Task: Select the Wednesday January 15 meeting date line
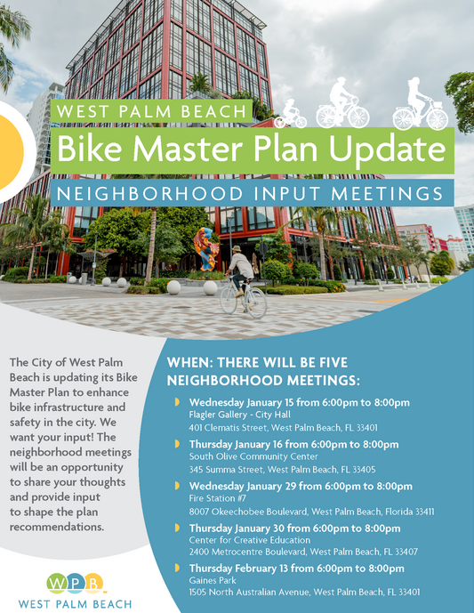click(x=300, y=402)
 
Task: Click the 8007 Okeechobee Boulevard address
click(x=311, y=512)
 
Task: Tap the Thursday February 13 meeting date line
click(x=296, y=568)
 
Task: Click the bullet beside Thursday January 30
click(x=177, y=528)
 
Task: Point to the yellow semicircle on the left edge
click(x=11, y=142)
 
